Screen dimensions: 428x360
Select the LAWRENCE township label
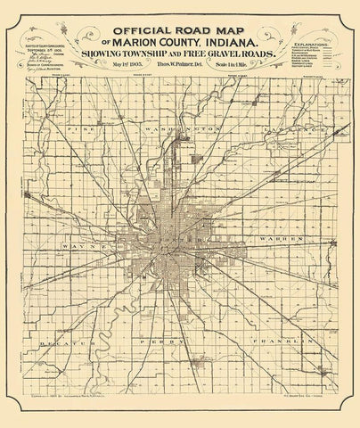[x=283, y=128]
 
